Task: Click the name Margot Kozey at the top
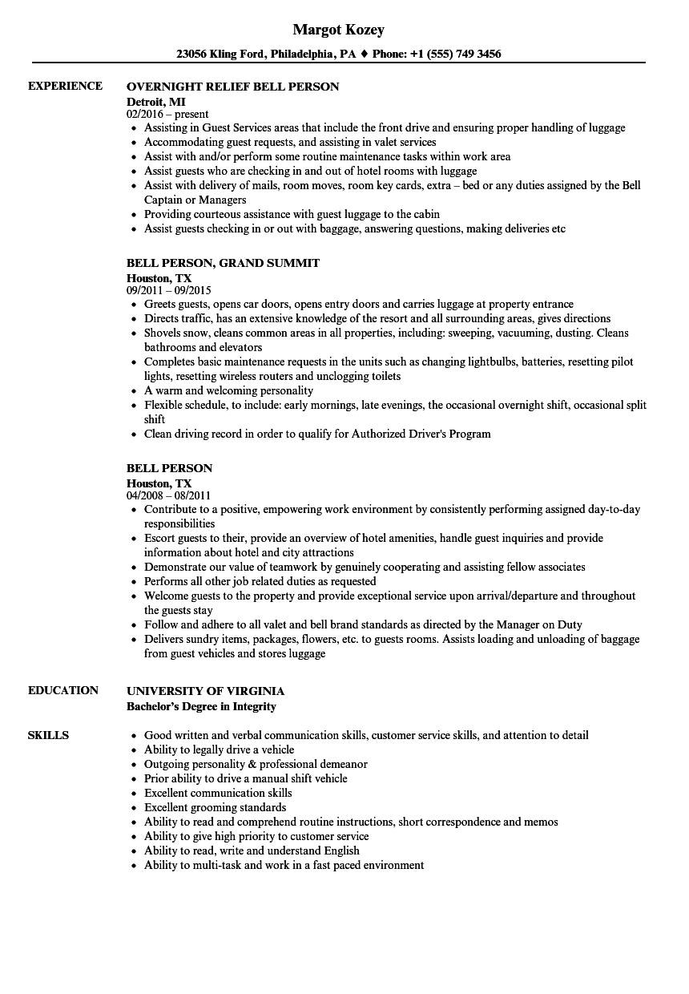(338, 30)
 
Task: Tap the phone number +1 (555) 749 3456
(457, 55)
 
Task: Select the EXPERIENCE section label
(65, 86)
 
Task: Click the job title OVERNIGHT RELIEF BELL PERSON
(232, 87)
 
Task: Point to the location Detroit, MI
(155, 101)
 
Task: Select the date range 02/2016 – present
(167, 115)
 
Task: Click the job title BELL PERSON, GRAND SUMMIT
(223, 263)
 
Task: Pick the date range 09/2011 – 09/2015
(168, 290)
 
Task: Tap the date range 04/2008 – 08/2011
(168, 495)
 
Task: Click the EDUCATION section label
(63, 690)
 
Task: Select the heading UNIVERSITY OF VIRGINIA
(205, 691)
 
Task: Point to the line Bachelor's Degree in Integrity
(201, 706)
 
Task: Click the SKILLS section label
(48, 735)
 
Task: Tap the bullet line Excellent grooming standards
(215, 807)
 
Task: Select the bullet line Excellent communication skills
(218, 793)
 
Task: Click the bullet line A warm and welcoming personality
(228, 390)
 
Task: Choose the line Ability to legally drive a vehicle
(219, 750)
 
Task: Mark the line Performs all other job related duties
(260, 581)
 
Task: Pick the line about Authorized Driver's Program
(317, 434)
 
